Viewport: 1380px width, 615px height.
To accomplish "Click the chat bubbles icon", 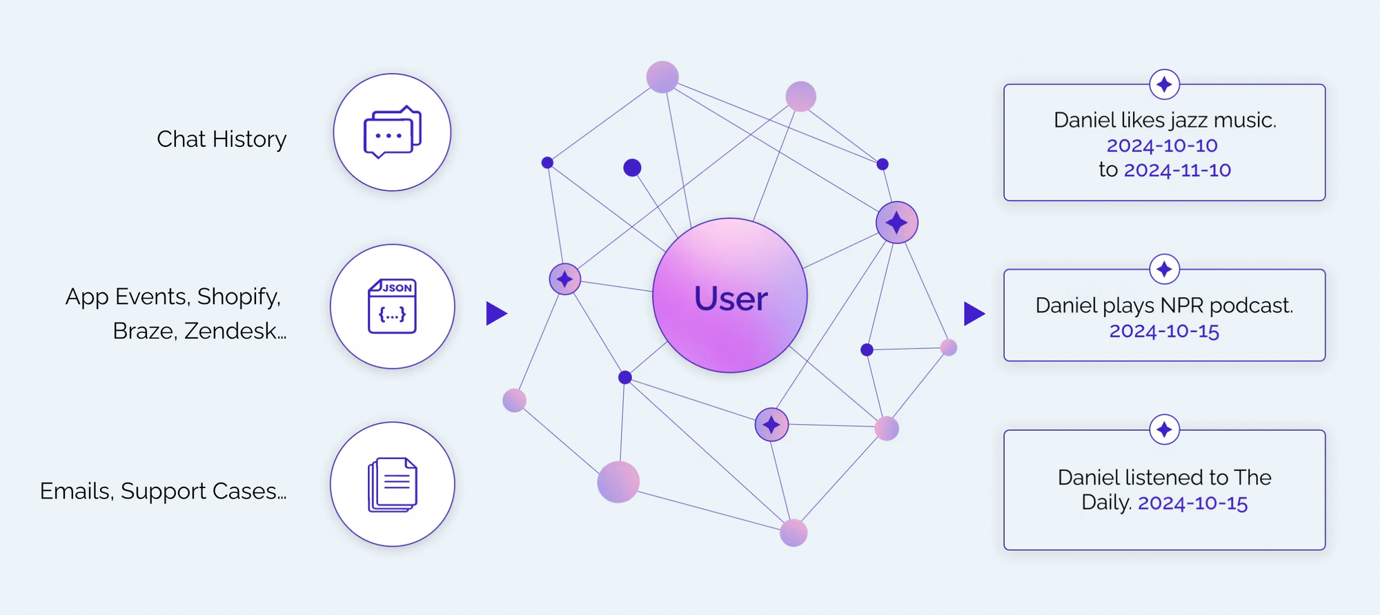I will (x=392, y=132).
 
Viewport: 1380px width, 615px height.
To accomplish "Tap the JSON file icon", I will (x=392, y=306).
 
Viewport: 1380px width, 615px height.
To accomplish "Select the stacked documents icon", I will (x=392, y=485).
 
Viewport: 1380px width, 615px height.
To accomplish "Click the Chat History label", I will (x=221, y=139).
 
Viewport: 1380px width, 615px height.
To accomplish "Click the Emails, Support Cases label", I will (x=163, y=491).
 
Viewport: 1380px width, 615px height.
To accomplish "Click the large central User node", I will (x=729, y=296).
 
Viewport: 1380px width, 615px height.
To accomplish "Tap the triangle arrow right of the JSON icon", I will (x=495, y=314).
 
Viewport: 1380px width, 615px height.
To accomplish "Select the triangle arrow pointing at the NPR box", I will (x=973, y=314).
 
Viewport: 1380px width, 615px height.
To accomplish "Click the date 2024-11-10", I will (x=1177, y=170).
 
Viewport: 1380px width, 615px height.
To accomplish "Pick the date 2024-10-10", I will (x=1162, y=145).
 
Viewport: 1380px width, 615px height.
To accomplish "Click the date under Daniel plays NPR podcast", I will (x=1164, y=331).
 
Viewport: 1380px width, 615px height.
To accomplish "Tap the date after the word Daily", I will (x=1192, y=503).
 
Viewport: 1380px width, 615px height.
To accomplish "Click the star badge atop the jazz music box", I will (x=1164, y=85).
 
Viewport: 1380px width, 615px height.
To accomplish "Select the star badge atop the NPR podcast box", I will (x=1164, y=269).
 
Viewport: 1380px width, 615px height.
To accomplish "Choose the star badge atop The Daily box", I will (x=1164, y=430).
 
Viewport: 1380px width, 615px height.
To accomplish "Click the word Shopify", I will (x=239, y=296).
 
